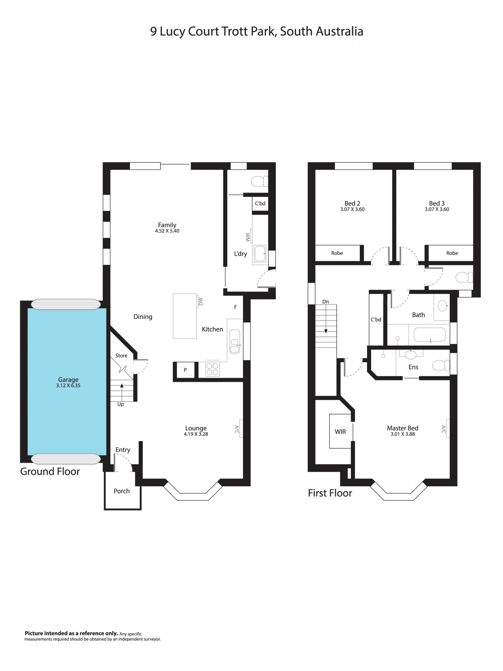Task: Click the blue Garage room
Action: tap(67, 381)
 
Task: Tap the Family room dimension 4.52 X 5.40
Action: tap(167, 231)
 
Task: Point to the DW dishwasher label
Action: tap(200, 301)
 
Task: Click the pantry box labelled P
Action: tap(185, 370)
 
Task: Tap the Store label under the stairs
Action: tap(121, 356)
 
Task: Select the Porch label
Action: tap(122, 491)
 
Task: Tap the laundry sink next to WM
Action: tap(260, 254)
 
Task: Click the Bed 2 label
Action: tap(352, 203)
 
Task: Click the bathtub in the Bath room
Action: tap(429, 335)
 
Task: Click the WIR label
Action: tap(340, 432)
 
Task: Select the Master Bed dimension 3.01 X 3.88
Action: tap(403, 434)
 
